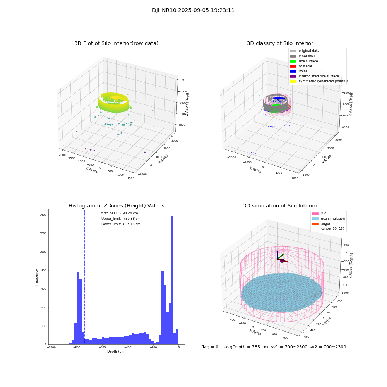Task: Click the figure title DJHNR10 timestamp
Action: (x=193, y=10)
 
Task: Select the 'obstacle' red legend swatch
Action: (x=293, y=66)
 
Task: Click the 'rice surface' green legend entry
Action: (x=308, y=61)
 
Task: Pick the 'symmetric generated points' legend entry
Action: (x=322, y=81)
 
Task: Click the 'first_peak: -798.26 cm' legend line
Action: (x=119, y=213)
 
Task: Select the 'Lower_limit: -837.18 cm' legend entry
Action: (x=121, y=224)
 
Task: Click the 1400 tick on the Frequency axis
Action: (x=42, y=215)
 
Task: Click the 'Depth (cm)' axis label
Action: (x=116, y=351)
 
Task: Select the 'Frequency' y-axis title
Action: (x=37, y=277)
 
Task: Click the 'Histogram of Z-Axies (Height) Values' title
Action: (x=116, y=206)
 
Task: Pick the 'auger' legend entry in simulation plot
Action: (x=326, y=224)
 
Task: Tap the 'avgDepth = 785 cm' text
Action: (x=246, y=347)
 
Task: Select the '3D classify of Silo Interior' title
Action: (x=280, y=43)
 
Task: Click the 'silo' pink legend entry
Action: (x=324, y=213)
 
